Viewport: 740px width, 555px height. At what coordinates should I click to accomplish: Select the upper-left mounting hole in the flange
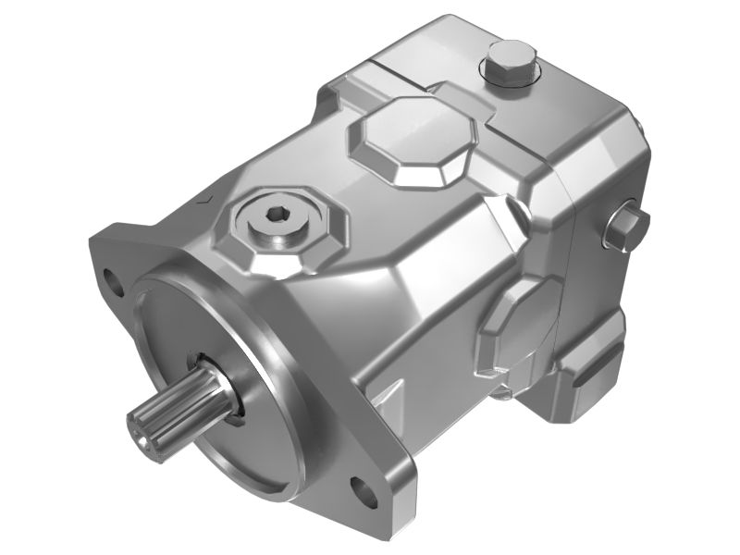tap(114, 277)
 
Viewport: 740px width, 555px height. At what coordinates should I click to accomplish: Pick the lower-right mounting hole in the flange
tap(363, 486)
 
